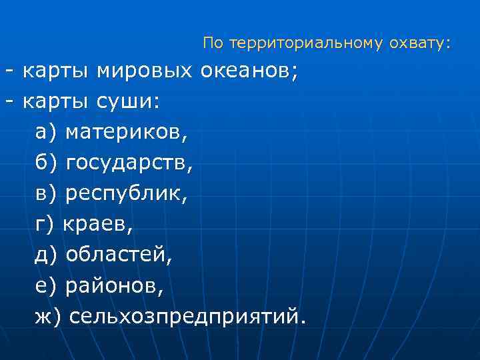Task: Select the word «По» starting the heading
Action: [x=213, y=44]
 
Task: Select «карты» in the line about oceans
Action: [x=57, y=71]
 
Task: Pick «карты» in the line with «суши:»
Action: [x=57, y=102]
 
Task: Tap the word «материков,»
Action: [x=127, y=133]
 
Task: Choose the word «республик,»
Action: [x=127, y=194]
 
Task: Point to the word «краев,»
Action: [x=98, y=225]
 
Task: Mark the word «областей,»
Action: [x=119, y=255]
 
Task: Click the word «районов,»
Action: [x=113, y=286]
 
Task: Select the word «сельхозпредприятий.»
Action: [x=189, y=317]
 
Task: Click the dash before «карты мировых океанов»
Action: [x=9, y=71]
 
